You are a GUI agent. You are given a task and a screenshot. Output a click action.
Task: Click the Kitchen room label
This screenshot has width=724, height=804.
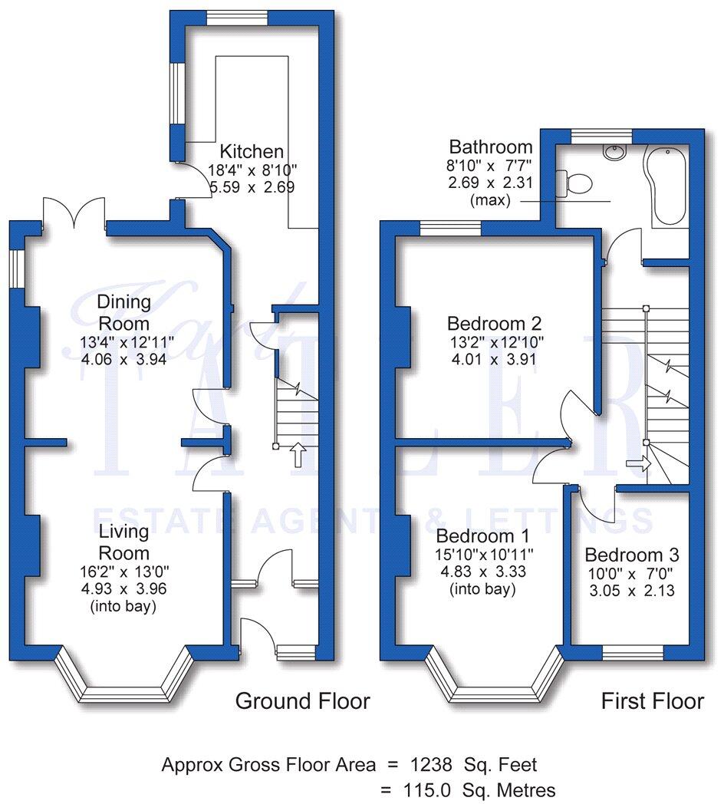(x=252, y=151)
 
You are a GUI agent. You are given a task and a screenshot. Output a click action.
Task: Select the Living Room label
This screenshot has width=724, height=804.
(x=123, y=542)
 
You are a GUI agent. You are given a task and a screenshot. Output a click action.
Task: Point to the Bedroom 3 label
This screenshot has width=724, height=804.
(x=631, y=555)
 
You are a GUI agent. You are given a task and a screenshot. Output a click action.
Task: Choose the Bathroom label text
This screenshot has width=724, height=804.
(x=491, y=147)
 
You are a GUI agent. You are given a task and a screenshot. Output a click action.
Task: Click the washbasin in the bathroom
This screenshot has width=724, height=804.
(x=614, y=152)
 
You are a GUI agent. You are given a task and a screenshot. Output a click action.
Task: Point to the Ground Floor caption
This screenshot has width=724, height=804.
(x=302, y=700)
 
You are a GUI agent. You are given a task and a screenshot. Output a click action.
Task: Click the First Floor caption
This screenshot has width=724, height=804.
(x=652, y=700)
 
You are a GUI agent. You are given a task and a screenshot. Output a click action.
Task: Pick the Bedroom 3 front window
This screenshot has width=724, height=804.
(x=632, y=652)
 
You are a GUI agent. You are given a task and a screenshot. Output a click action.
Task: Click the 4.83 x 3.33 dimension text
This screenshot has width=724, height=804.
(x=482, y=572)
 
